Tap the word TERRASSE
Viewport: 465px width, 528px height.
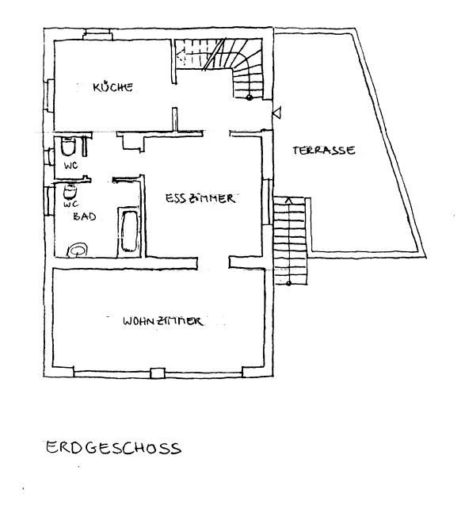coord(322,151)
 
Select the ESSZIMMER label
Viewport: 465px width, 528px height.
coord(200,199)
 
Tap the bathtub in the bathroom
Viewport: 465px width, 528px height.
coord(127,231)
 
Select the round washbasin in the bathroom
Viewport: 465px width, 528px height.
coord(78,249)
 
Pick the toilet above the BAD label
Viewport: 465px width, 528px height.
coord(70,192)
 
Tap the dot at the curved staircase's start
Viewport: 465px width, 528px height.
coord(249,98)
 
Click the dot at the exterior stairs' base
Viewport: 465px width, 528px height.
coord(288,282)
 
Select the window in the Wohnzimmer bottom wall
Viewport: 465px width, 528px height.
coord(157,372)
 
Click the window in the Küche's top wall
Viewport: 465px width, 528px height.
coord(97,33)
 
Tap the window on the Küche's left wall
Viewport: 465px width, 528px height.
coord(50,94)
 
